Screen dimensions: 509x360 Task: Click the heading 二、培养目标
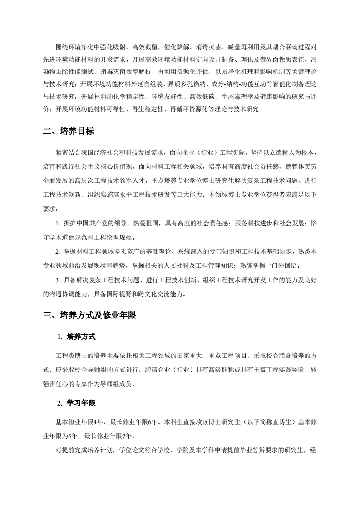tap(68, 132)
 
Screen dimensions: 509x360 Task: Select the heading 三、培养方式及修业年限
tap(89, 315)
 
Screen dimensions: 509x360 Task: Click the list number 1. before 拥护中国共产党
tap(58, 224)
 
